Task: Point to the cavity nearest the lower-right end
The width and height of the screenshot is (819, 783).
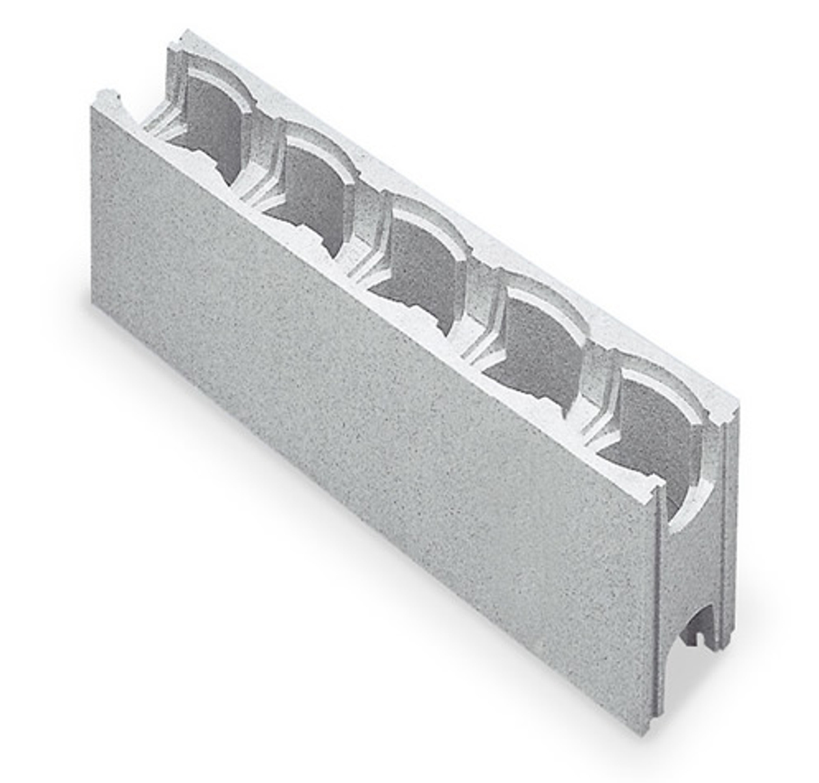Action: tap(655, 416)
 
